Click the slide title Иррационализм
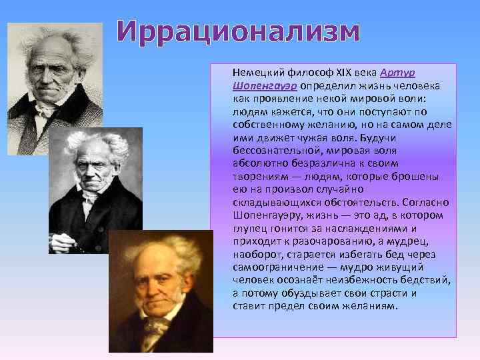238,31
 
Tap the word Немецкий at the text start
255,72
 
